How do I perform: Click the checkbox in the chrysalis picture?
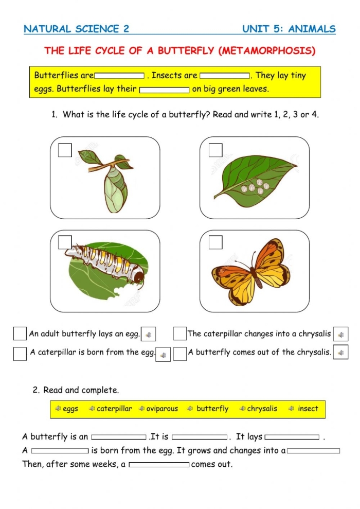pos(65,150)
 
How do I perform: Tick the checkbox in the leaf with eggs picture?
pos(215,150)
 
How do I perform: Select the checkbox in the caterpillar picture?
pos(65,242)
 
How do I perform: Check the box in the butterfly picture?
pos(215,242)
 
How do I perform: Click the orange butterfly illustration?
pos(252,271)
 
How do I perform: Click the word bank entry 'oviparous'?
pos(161,409)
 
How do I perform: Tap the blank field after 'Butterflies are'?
pos(119,76)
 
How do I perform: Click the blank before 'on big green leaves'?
pos(165,90)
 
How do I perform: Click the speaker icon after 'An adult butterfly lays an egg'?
pos(148,335)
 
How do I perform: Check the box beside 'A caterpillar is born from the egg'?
pos(20,354)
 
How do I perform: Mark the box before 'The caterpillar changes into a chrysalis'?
pos(179,334)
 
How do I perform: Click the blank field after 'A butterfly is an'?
pos(119,437)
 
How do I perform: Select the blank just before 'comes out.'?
pos(159,465)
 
